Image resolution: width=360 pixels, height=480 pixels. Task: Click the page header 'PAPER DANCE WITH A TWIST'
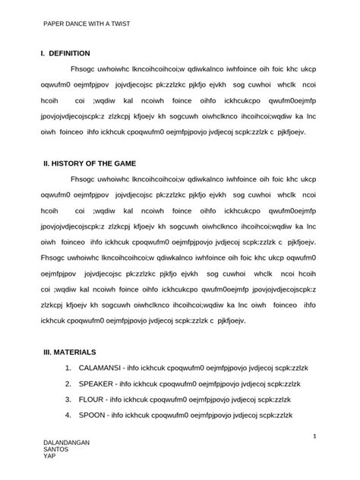click(86, 24)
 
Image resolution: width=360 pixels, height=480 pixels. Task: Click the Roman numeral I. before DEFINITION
click(44, 53)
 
